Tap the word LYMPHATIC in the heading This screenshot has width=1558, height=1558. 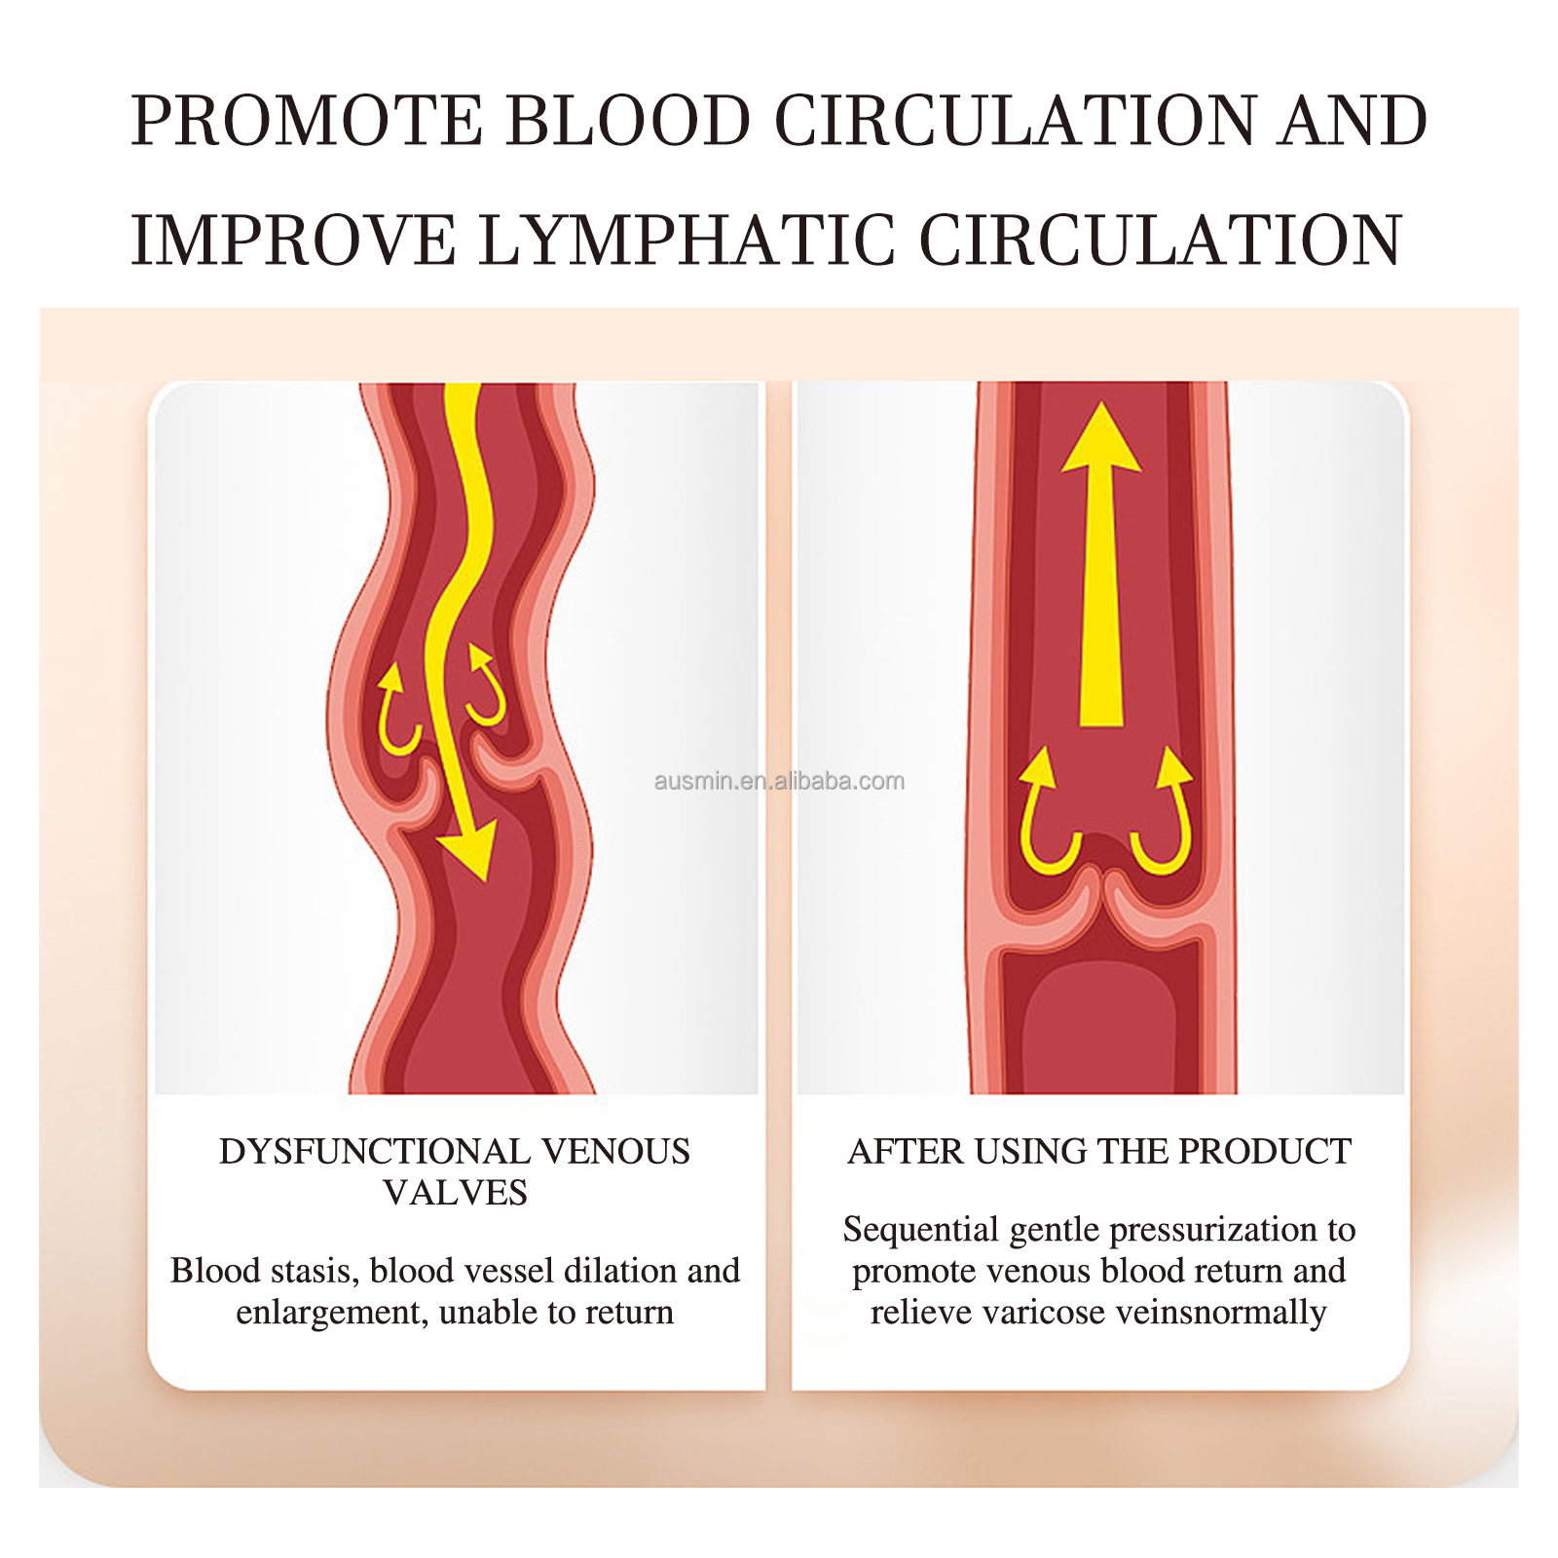[686, 241]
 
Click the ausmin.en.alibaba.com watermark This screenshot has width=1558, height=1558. [779, 781]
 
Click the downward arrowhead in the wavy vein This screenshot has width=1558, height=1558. [469, 851]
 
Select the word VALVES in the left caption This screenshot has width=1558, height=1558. [455, 1193]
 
